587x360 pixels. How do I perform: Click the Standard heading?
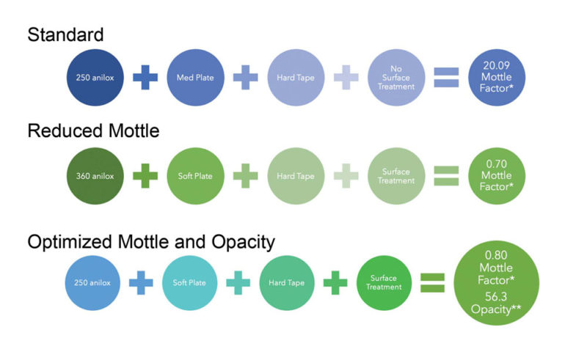pos(65,34)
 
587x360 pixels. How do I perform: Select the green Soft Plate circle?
pos(196,175)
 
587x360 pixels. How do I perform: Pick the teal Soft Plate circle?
pos(190,282)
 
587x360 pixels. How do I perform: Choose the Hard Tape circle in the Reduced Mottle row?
pos(296,175)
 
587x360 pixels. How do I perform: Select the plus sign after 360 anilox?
pos(145,175)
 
